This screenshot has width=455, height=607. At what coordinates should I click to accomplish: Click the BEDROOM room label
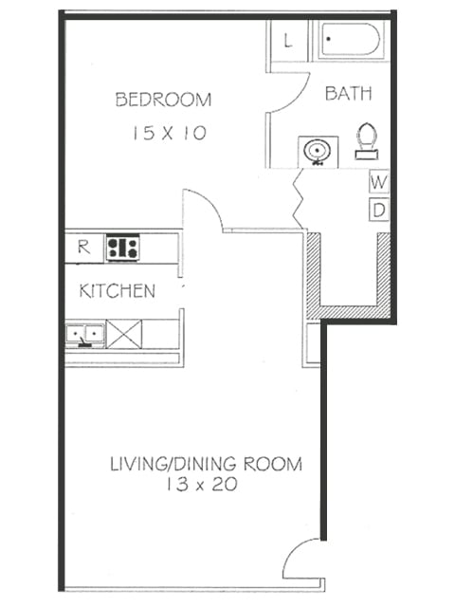(163, 100)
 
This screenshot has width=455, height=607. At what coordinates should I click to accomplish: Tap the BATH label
(347, 93)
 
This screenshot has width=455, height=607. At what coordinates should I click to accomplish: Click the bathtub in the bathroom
(350, 41)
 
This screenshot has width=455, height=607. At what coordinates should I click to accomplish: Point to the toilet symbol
(366, 140)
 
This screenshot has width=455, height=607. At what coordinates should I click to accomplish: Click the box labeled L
(287, 41)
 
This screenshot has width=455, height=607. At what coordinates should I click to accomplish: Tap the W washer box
(378, 180)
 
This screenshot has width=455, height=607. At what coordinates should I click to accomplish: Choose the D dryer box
(378, 210)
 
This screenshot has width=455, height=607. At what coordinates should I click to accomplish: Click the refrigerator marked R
(83, 248)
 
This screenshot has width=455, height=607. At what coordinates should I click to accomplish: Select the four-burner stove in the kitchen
(122, 248)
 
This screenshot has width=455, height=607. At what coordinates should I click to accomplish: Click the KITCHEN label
(117, 291)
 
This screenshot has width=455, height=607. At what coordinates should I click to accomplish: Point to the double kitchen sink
(84, 334)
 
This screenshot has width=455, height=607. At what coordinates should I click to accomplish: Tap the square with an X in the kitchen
(123, 334)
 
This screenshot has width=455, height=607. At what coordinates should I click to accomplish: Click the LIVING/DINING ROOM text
(206, 464)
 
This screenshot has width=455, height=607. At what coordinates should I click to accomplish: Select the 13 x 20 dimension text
(199, 486)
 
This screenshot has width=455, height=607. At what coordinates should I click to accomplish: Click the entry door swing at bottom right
(303, 560)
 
